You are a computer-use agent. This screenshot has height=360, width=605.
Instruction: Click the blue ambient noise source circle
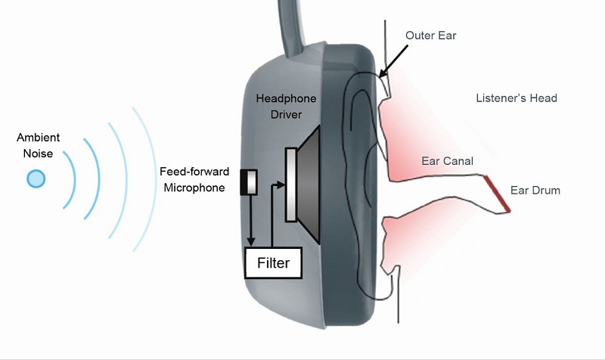pos(36,178)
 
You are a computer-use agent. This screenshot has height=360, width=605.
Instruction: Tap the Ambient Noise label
pos(39,145)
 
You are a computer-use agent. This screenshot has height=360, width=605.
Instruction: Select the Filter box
pos(273,262)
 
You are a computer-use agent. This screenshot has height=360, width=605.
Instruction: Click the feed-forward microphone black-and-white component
pos(249,182)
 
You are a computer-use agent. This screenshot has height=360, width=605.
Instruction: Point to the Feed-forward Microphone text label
pos(194,179)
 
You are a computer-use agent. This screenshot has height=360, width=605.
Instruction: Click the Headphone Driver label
pos(286,106)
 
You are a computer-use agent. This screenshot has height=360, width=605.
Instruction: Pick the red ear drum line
pos(498,194)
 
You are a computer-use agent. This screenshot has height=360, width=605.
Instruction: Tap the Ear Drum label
pos(535,191)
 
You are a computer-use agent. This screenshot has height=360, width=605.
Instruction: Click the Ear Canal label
pos(447,161)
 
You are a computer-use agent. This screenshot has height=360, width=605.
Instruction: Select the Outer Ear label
pos(430,36)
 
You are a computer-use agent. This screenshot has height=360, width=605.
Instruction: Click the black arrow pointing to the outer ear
pos(392,62)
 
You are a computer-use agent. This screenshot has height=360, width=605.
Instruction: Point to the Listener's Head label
pos(517,98)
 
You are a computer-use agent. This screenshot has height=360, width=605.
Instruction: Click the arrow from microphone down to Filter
pos(251,220)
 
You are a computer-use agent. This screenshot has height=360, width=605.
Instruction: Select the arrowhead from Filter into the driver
pos(281,185)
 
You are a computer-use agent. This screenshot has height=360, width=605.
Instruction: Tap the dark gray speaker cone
pos(309,185)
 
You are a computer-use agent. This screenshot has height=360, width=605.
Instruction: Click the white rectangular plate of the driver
pos(291,185)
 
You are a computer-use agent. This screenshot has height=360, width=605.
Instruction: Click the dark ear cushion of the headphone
pos(349,185)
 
